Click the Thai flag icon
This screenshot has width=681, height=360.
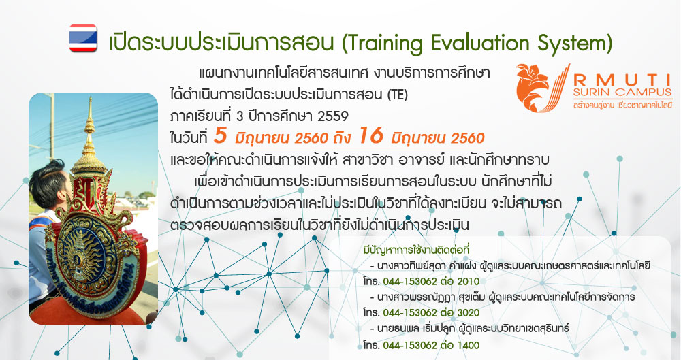pyautogui.click(x=83, y=38)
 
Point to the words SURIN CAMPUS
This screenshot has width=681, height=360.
pyautogui.click(x=622, y=92)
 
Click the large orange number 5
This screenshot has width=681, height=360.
pyautogui.click(x=220, y=135)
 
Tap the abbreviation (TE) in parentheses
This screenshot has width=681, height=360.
pyautogui.click(x=397, y=94)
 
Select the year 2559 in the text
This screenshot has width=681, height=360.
pyautogui.click(x=333, y=116)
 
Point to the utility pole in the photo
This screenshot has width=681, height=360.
pyautogui.click(x=52, y=126)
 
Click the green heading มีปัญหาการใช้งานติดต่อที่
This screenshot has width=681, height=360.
pyautogui.click(x=416, y=250)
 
